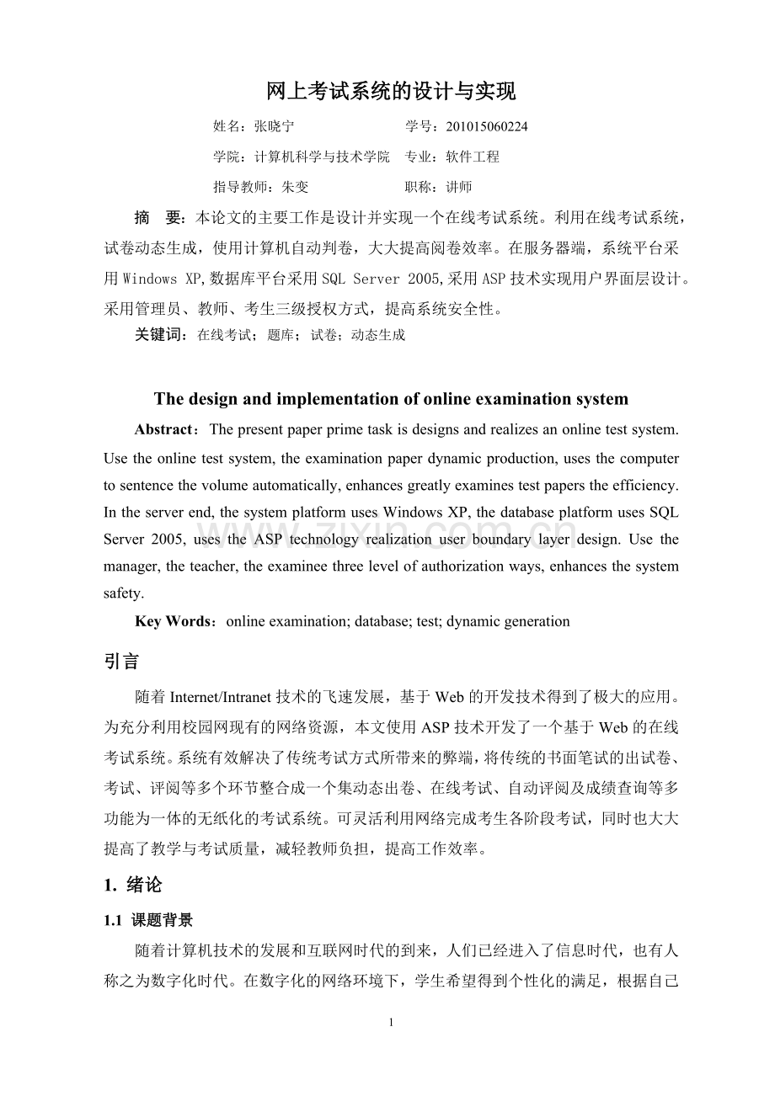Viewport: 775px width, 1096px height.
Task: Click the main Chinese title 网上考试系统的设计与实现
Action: tap(390, 91)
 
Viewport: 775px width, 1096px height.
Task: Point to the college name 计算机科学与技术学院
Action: tap(322, 157)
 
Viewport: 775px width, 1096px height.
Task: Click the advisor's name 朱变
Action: tap(296, 187)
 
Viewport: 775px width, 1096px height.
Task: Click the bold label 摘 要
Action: tap(159, 219)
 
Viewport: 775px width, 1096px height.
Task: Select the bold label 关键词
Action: tap(160, 335)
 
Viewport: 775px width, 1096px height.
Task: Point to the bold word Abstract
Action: tap(163, 429)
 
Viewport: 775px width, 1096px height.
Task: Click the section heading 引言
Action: tap(121, 662)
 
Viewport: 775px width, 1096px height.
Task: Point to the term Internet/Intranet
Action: tap(221, 697)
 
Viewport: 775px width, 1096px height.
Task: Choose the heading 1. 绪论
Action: tap(132, 886)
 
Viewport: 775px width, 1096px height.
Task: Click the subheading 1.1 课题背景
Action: tap(148, 921)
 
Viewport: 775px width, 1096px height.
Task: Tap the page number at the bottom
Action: tap(391, 1023)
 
